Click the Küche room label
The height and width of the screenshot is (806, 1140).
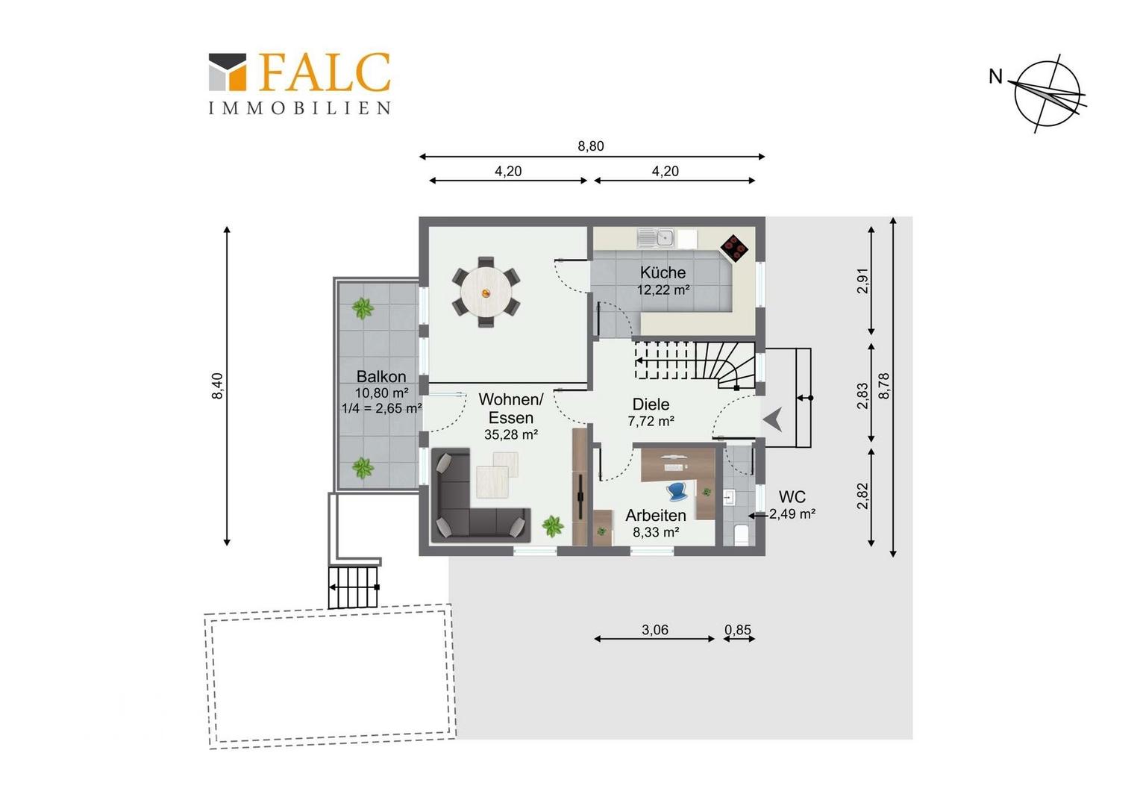663,272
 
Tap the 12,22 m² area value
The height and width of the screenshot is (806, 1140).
663,290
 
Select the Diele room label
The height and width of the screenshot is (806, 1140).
651,404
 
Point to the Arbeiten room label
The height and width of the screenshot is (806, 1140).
656,515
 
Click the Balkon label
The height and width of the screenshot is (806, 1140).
381,376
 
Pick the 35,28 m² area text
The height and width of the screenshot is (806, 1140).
511,434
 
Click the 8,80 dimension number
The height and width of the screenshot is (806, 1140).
590,146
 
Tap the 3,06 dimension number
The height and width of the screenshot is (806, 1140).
655,630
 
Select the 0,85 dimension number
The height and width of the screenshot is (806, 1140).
738,630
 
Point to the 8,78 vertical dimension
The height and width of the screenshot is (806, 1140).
885,386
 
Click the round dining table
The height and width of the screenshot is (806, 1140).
486,293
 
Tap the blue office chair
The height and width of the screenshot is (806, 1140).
677,491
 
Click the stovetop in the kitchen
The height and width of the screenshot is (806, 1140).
734,248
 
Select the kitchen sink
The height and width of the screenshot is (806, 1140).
656,237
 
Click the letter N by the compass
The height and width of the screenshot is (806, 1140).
995,77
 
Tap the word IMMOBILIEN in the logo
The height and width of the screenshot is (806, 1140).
300,108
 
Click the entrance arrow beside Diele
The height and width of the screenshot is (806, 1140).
772,420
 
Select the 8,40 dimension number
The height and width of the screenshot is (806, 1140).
217,386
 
